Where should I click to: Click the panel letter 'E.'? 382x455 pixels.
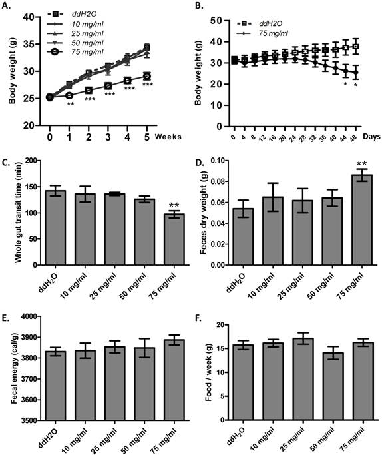click(x=7, y=308)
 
